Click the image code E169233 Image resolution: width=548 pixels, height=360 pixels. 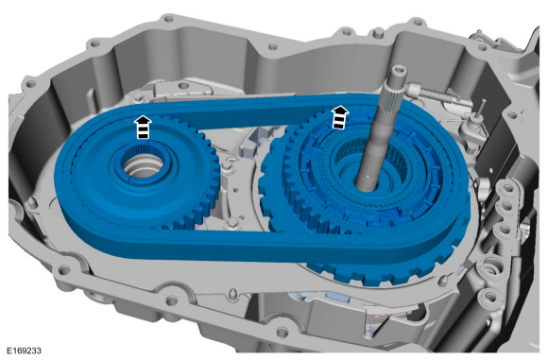25,351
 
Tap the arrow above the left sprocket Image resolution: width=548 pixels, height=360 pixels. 143,128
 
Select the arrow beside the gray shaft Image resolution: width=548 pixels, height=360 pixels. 339,117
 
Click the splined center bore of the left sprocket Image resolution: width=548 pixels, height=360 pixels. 144,162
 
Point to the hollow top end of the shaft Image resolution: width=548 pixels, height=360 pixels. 399,72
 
